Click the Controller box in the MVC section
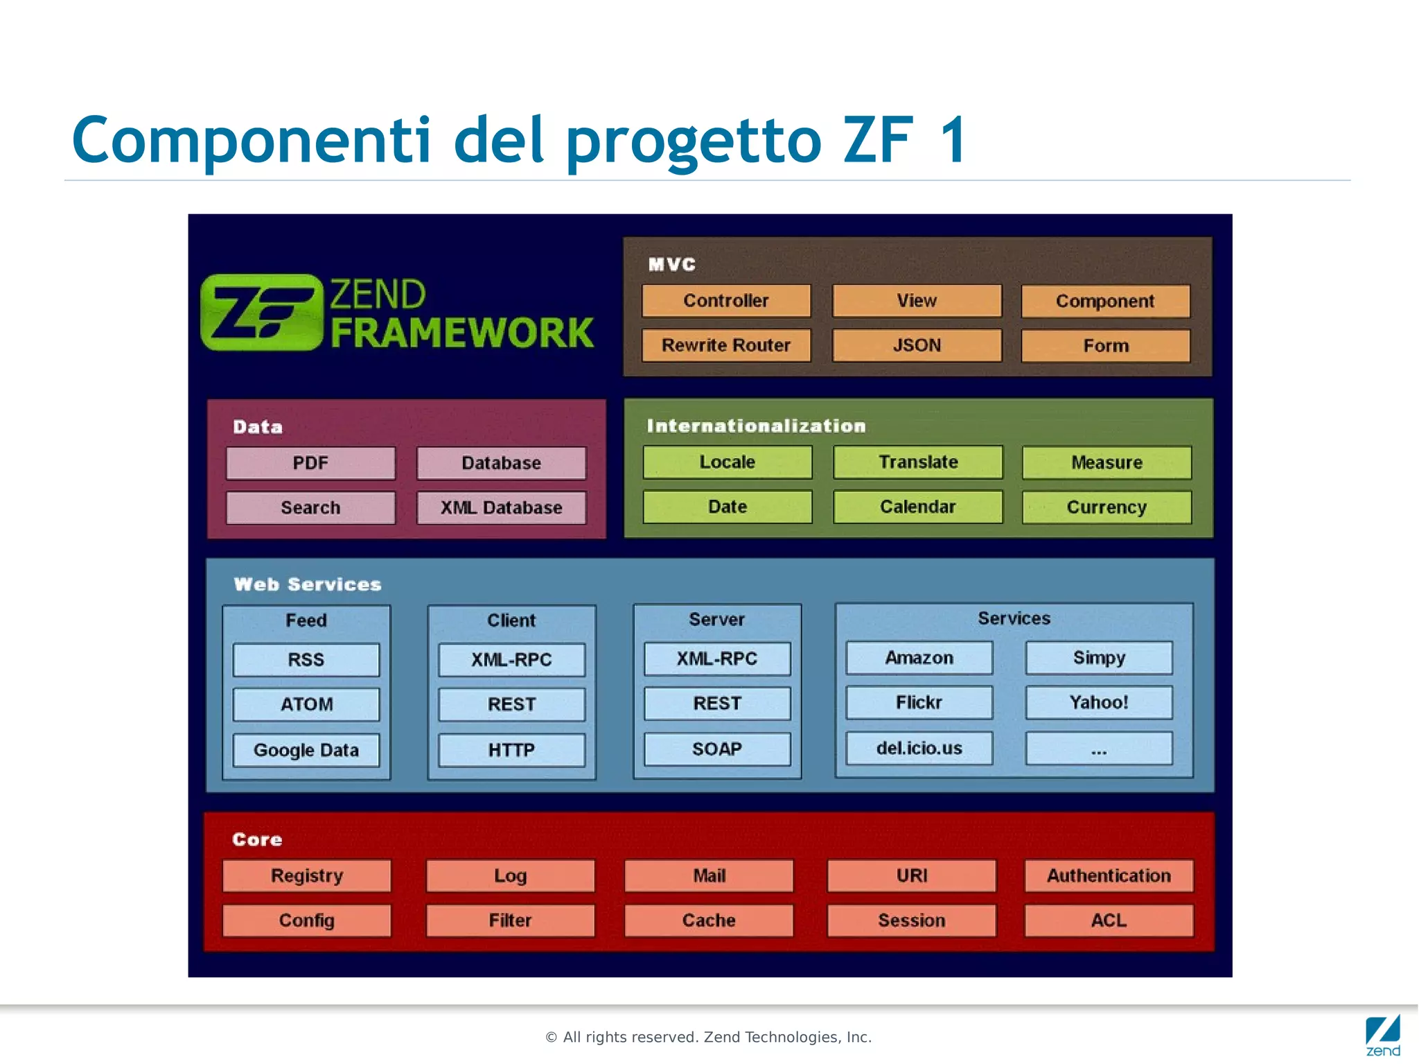725,301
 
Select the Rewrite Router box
725,345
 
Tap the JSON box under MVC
917,345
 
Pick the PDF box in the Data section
310,463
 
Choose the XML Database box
501,507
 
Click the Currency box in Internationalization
1107,507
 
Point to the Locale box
727,462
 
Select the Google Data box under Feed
306,750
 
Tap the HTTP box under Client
511,750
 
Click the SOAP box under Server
717,749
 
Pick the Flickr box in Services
919,703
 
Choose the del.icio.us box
919,749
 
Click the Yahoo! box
1099,703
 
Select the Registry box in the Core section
306,876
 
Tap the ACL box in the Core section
1109,921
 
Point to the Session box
911,921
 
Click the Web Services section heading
308,584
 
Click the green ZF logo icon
262,313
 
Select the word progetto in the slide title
694,141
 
